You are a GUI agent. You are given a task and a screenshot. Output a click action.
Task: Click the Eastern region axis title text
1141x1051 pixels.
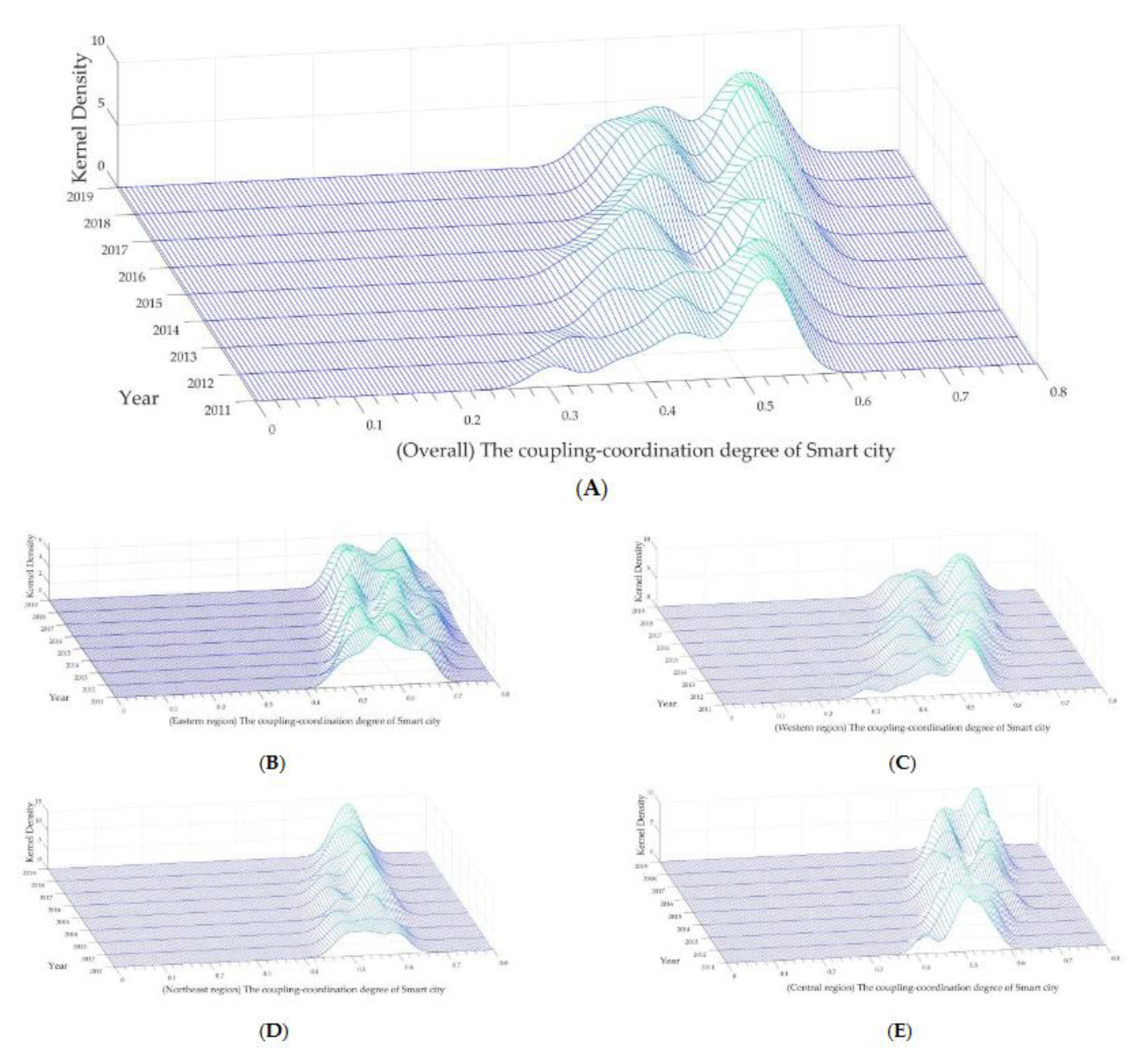tap(304, 720)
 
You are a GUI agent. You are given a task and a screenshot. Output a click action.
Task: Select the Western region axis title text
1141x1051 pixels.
tap(912, 727)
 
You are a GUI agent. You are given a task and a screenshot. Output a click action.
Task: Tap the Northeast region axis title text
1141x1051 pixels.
tap(303, 989)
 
